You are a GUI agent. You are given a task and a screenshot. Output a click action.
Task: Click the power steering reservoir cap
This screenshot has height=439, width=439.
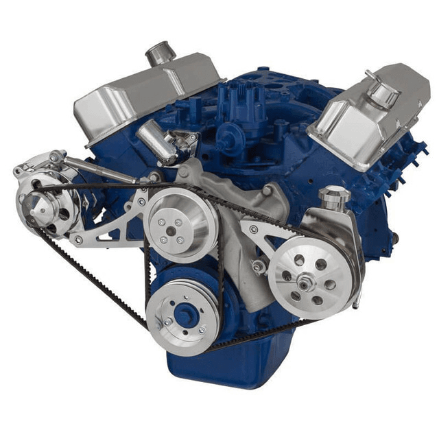click(334, 194)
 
